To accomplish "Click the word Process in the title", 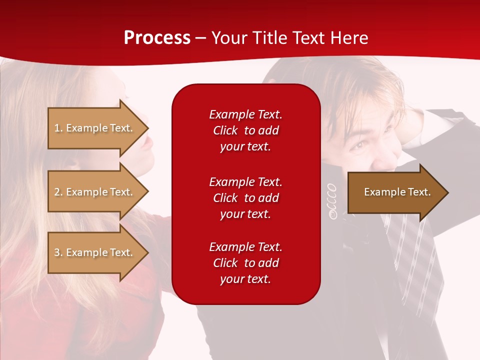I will click(157, 38).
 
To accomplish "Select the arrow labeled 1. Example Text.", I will click(95, 128).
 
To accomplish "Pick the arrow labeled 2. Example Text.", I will click(95, 192).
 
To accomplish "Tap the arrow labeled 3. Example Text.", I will click(95, 252).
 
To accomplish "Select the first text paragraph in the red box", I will click(245, 130).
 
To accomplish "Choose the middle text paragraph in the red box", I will click(245, 197).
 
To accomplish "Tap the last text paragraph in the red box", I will click(245, 263).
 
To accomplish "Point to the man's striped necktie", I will click(410, 250).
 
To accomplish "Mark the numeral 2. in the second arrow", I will click(58, 192).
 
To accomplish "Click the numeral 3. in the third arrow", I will click(58, 252).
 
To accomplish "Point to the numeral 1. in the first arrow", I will click(58, 128).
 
